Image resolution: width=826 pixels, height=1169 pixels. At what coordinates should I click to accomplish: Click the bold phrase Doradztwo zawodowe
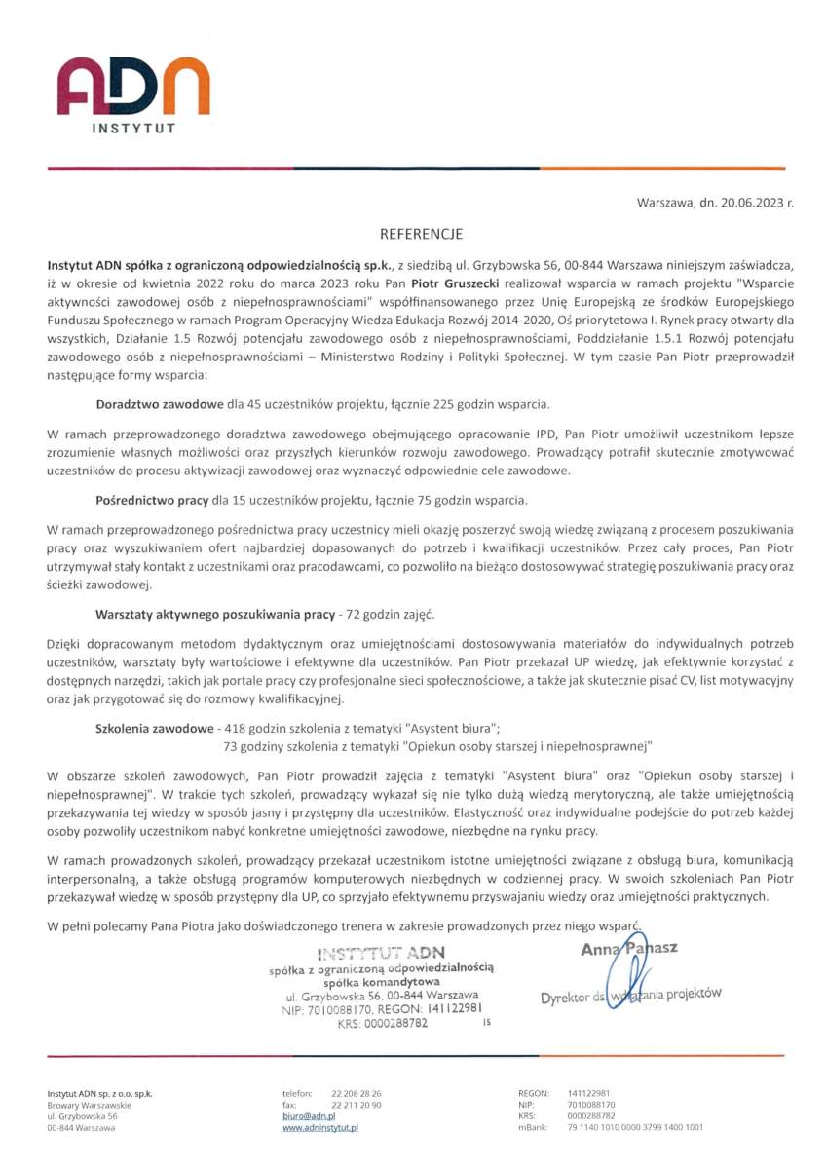159,403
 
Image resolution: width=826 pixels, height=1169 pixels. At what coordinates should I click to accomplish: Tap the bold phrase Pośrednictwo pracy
152,501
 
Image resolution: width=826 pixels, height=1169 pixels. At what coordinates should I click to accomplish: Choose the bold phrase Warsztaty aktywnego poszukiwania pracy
214,615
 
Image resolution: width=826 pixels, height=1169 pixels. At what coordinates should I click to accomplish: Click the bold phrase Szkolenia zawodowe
154,729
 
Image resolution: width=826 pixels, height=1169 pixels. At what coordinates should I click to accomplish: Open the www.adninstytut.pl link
320,1127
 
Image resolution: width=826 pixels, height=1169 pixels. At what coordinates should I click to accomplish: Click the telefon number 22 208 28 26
357,1093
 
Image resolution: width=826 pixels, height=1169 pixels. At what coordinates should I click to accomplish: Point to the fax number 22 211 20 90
357,1105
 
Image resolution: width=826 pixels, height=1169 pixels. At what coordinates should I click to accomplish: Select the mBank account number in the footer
635,1127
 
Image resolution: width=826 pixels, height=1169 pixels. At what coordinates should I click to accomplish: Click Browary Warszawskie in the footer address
90,1105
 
